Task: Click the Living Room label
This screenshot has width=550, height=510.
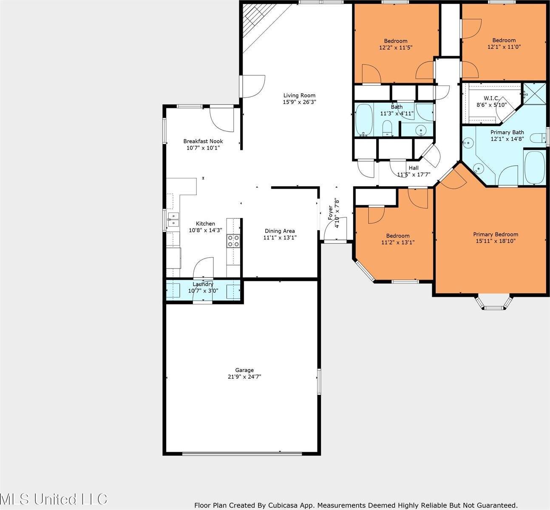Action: click(299, 95)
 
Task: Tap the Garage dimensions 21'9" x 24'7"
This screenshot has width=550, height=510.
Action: click(244, 377)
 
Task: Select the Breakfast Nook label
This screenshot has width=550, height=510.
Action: click(203, 141)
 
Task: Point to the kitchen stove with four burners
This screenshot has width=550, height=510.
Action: click(233, 241)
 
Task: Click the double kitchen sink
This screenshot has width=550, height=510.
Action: click(173, 219)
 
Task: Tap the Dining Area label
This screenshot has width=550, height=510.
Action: click(280, 231)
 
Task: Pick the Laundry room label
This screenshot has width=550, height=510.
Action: click(203, 284)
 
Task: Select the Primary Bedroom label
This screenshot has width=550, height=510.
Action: click(496, 234)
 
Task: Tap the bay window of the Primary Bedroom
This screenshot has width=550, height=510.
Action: click(494, 303)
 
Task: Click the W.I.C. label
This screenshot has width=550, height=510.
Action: click(492, 98)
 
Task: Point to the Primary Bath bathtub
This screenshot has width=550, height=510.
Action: click(535, 167)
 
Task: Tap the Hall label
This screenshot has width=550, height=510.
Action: click(414, 168)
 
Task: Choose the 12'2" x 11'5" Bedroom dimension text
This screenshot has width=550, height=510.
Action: click(396, 48)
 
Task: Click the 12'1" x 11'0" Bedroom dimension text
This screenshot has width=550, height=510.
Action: click(504, 47)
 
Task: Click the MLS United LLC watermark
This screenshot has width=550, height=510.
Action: click(53, 499)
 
